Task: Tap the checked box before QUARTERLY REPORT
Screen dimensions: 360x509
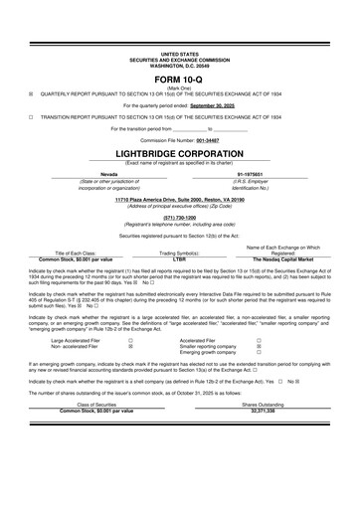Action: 31,91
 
